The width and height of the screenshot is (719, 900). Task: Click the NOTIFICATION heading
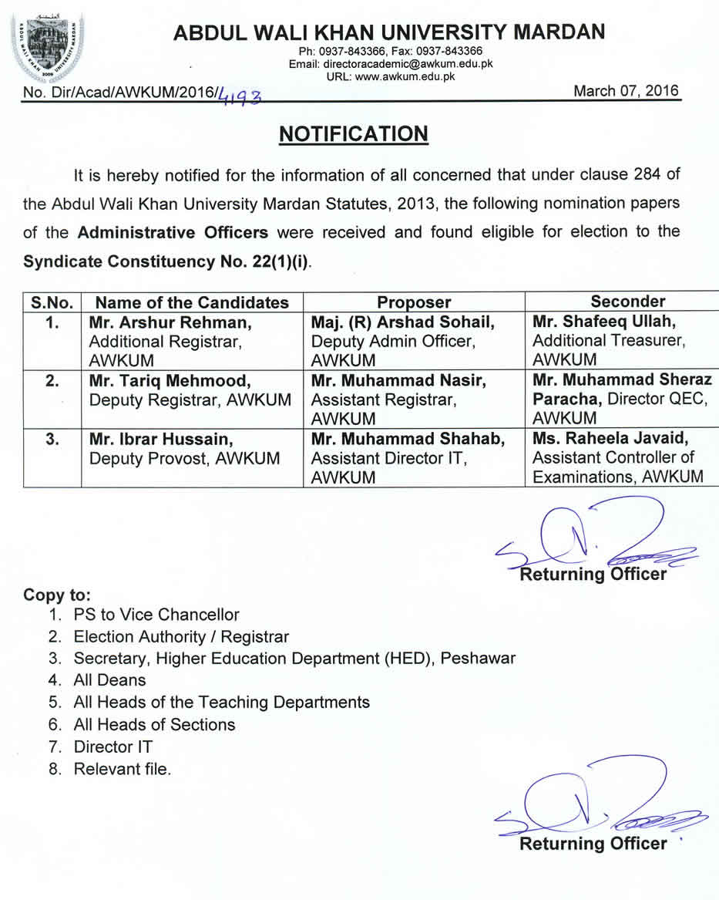coord(353,134)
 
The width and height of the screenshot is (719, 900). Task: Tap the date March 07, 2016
coord(626,91)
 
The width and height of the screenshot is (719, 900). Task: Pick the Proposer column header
coord(414,302)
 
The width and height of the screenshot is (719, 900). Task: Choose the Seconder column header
coord(627,302)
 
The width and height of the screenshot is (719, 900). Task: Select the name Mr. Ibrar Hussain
coord(160,439)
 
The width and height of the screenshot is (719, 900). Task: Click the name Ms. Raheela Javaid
coord(610,438)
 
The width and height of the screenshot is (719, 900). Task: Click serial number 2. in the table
coord(52,380)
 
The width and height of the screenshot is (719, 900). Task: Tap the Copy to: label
coord(57,595)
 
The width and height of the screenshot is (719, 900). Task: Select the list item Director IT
coord(113,747)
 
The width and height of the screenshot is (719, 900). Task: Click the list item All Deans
coord(109,680)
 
